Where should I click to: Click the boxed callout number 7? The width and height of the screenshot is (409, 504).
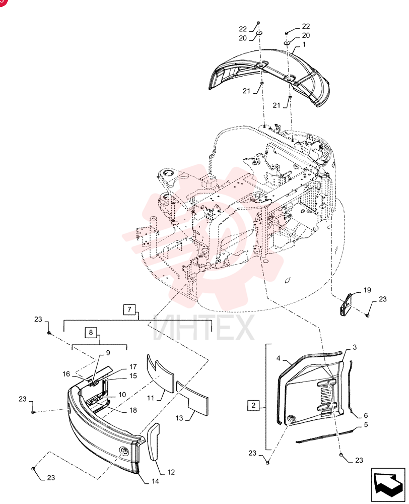point(129,309)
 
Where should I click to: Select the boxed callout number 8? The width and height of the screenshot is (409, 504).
point(91,332)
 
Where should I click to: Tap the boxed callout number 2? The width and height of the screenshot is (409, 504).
point(253,405)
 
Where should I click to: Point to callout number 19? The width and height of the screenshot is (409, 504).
point(367,290)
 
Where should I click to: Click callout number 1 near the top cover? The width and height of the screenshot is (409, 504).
point(304,44)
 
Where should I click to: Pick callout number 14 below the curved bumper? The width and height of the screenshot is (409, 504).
point(155,481)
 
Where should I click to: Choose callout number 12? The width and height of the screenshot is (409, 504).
point(171,472)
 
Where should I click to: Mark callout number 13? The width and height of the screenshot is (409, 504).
point(179,418)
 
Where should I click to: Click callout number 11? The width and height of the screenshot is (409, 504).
point(151,398)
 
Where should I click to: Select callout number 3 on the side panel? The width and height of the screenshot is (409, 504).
point(355,347)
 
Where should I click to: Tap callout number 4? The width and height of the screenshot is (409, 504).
point(278,358)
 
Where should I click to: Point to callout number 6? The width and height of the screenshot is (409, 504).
point(366,415)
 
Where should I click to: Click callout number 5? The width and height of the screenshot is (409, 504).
point(366,424)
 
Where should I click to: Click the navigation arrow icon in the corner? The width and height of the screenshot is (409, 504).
point(388,485)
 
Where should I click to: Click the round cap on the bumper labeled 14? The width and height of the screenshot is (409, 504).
point(124,451)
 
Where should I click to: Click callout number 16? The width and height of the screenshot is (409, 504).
point(66,374)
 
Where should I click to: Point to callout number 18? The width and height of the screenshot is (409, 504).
point(133,410)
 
